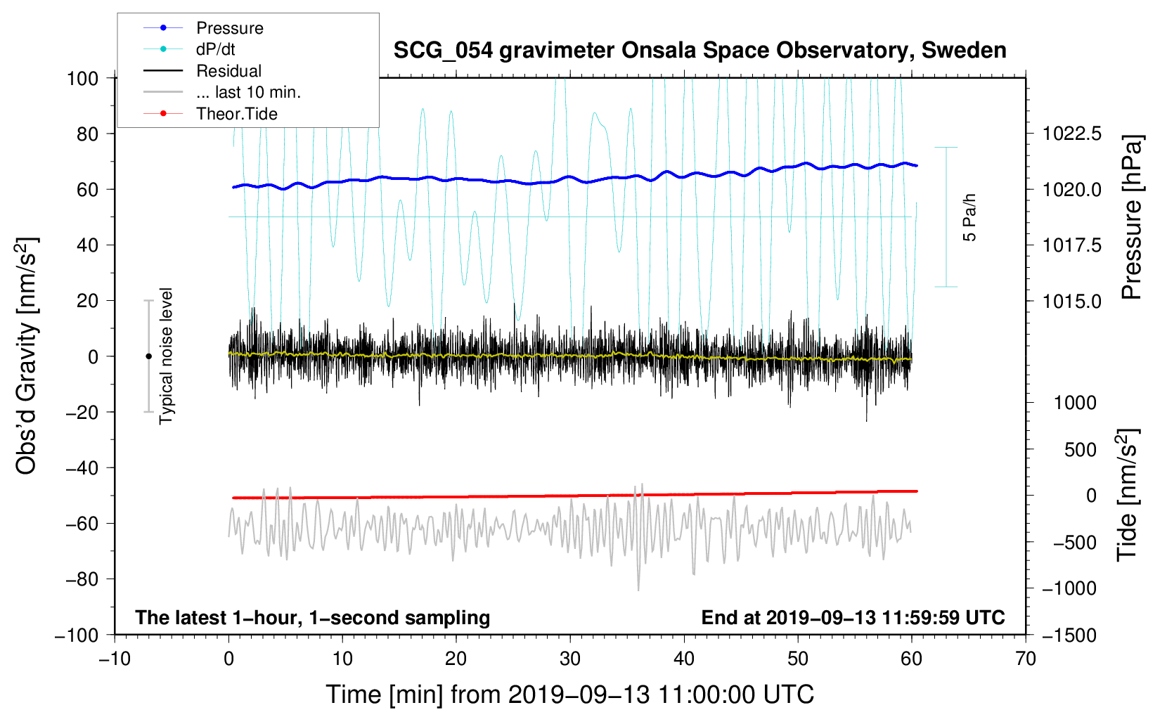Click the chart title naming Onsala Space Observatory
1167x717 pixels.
[699, 51]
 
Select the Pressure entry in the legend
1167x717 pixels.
[229, 28]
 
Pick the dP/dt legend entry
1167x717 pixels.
[215, 49]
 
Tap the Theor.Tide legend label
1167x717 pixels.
[236, 114]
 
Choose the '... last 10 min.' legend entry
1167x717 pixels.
[247, 92]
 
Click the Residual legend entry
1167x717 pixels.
[228, 71]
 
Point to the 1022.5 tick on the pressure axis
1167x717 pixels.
[1071, 134]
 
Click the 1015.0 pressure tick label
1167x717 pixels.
[1071, 302]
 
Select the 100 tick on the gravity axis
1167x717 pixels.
[82, 78]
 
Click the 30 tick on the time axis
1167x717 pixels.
[570, 659]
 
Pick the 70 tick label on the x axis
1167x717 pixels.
[1026, 659]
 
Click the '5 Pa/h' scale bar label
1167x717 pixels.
[970, 217]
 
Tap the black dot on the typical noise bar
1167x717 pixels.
[148, 356]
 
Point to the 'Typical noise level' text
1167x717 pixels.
[166, 356]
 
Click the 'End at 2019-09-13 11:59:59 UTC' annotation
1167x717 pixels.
[853, 618]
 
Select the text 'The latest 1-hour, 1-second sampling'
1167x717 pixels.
[313, 618]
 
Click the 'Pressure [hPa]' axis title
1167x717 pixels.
[1131, 217]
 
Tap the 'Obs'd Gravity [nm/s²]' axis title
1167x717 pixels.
[27, 356]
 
